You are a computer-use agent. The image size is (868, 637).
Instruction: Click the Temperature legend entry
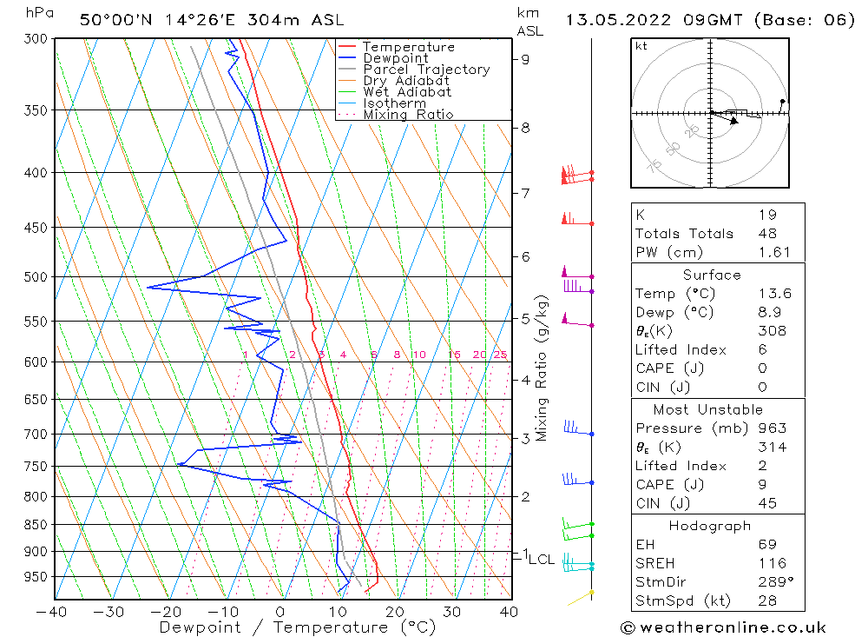point(408,47)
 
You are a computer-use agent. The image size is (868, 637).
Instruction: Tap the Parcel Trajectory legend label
point(426,70)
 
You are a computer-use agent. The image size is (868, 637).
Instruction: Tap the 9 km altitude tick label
point(525,59)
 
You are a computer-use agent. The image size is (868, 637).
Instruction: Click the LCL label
point(542,559)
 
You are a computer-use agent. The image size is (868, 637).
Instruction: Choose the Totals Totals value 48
point(766,234)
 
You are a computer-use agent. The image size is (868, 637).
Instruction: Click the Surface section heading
point(712,275)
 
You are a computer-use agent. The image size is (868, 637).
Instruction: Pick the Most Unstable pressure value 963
point(772,428)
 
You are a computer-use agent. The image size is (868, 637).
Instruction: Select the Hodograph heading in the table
point(711,526)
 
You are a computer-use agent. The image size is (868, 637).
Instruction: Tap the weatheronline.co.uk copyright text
point(723,627)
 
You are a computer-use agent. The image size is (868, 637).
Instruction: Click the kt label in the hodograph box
point(641,46)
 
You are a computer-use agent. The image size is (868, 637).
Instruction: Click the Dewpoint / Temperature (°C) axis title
point(298,627)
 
